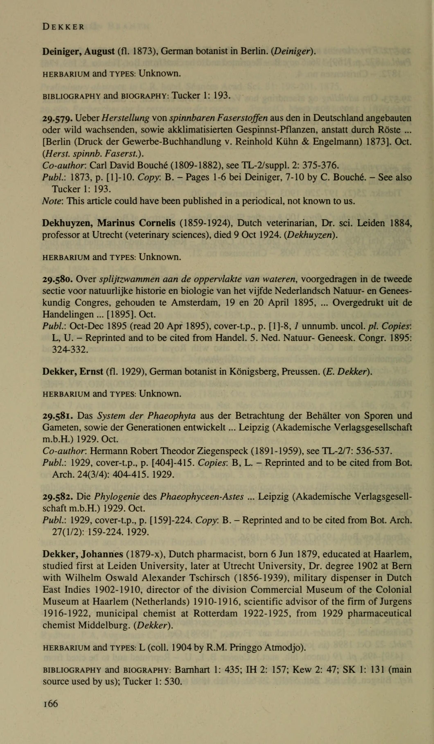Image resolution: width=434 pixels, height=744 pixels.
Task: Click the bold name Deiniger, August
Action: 78,52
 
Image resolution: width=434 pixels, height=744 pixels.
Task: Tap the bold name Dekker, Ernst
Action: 73,371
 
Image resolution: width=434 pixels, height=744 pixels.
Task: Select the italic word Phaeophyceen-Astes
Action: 202,497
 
